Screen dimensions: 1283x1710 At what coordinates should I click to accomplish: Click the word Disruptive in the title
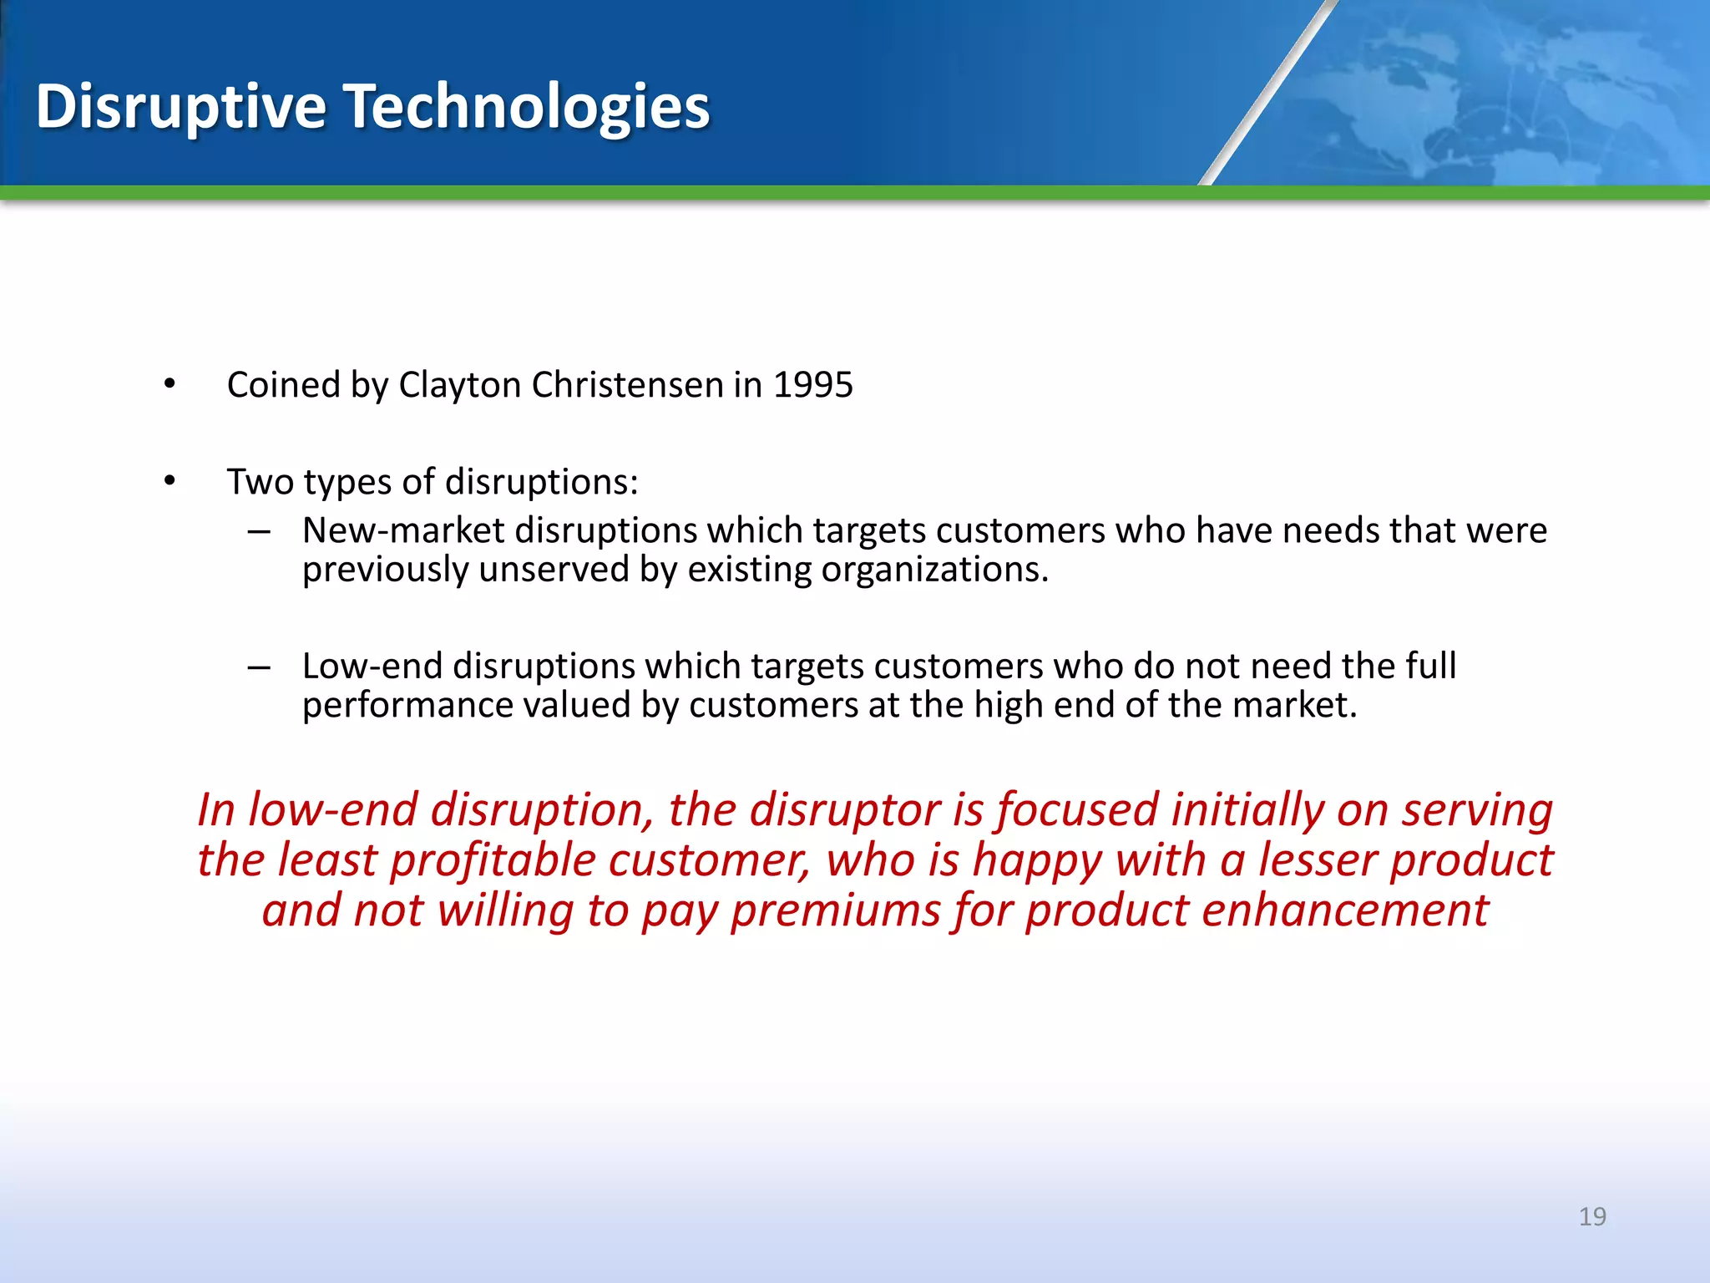[x=180, y=107]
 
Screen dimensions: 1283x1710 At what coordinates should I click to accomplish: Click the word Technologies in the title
[x=527, y=107]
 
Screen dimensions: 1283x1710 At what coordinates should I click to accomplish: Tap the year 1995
[x=812, y=385]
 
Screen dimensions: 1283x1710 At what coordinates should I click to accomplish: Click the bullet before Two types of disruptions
[x=170, y=481]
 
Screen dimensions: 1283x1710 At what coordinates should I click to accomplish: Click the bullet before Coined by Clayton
[x=170, y=384]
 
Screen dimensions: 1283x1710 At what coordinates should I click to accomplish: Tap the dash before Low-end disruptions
[x=259, y=667]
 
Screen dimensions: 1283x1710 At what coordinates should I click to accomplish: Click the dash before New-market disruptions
[x=259, y=531]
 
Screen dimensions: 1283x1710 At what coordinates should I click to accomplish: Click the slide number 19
[x=1592, y=1216]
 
